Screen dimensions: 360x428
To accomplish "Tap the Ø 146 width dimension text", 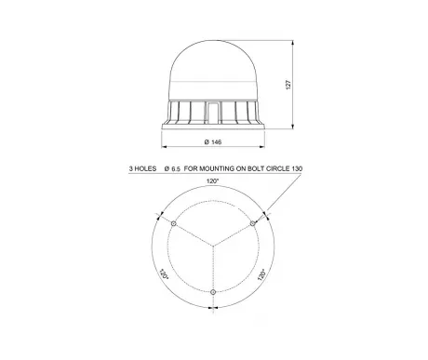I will [x=213, y=142].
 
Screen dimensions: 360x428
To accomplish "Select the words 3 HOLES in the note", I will [x=142, y=168].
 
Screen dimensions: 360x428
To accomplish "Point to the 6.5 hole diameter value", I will [x=174, y=168].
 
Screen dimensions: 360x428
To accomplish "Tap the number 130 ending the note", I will [x=300, y=168].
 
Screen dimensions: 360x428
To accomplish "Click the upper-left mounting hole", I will [x=175, y=224].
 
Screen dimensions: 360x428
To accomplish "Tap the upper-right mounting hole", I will [x=251, y=224].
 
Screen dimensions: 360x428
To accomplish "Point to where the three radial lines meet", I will [x=213, y=247].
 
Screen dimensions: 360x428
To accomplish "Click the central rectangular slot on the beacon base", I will [x=213, y=112].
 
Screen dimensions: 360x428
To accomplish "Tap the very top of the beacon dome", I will [x=213, y=43].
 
